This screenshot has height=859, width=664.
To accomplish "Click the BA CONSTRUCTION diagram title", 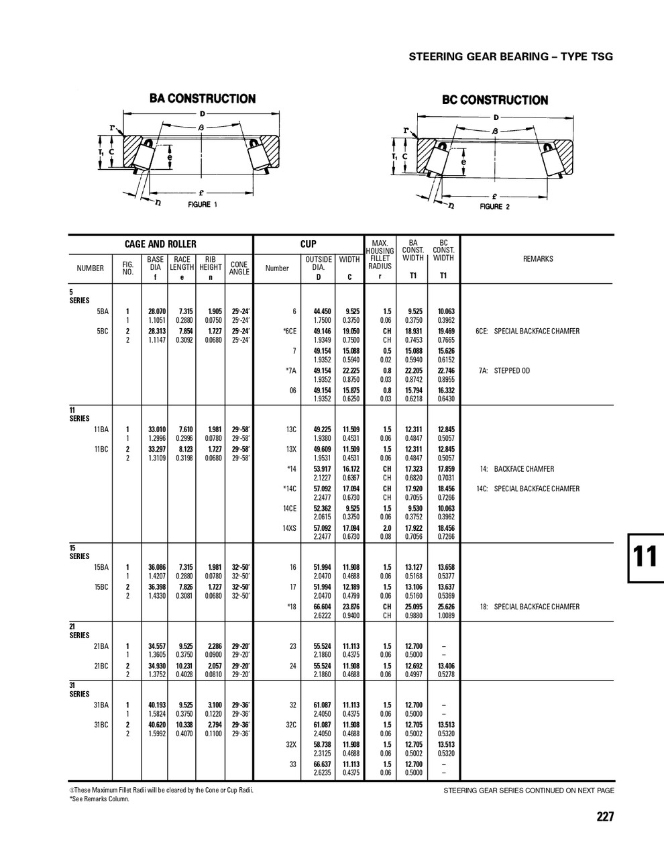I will click(202, 99).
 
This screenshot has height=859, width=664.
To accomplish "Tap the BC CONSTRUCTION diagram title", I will click(494, 100).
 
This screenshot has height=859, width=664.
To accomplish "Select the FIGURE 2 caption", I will click(494, 207).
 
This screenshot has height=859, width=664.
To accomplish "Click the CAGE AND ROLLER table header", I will click(160, 244).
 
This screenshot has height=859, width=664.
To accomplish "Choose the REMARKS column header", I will click(537, 258).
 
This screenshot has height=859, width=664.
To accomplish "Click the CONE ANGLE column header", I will click(239, 268).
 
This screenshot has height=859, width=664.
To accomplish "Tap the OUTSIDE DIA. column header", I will click(319, 263).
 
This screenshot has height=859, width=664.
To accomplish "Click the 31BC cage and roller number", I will click(102, 725).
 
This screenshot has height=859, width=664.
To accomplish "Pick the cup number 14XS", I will click(289, 528).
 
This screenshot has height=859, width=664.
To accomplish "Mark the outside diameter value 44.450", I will click(323, 311).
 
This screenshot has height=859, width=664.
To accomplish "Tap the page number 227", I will click(604, 817).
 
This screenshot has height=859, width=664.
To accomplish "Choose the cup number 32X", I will click(290, 744).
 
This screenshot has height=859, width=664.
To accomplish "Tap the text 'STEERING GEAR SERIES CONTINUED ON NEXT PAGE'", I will click(529, 791).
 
